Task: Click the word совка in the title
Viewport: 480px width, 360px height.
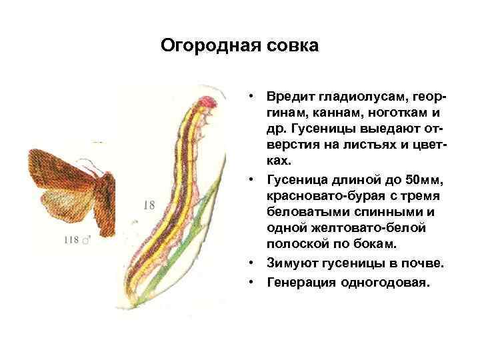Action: pyautogui.click(x=290, y=46)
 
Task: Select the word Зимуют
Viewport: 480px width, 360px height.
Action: pyautogui.click(x=291, y=264)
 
